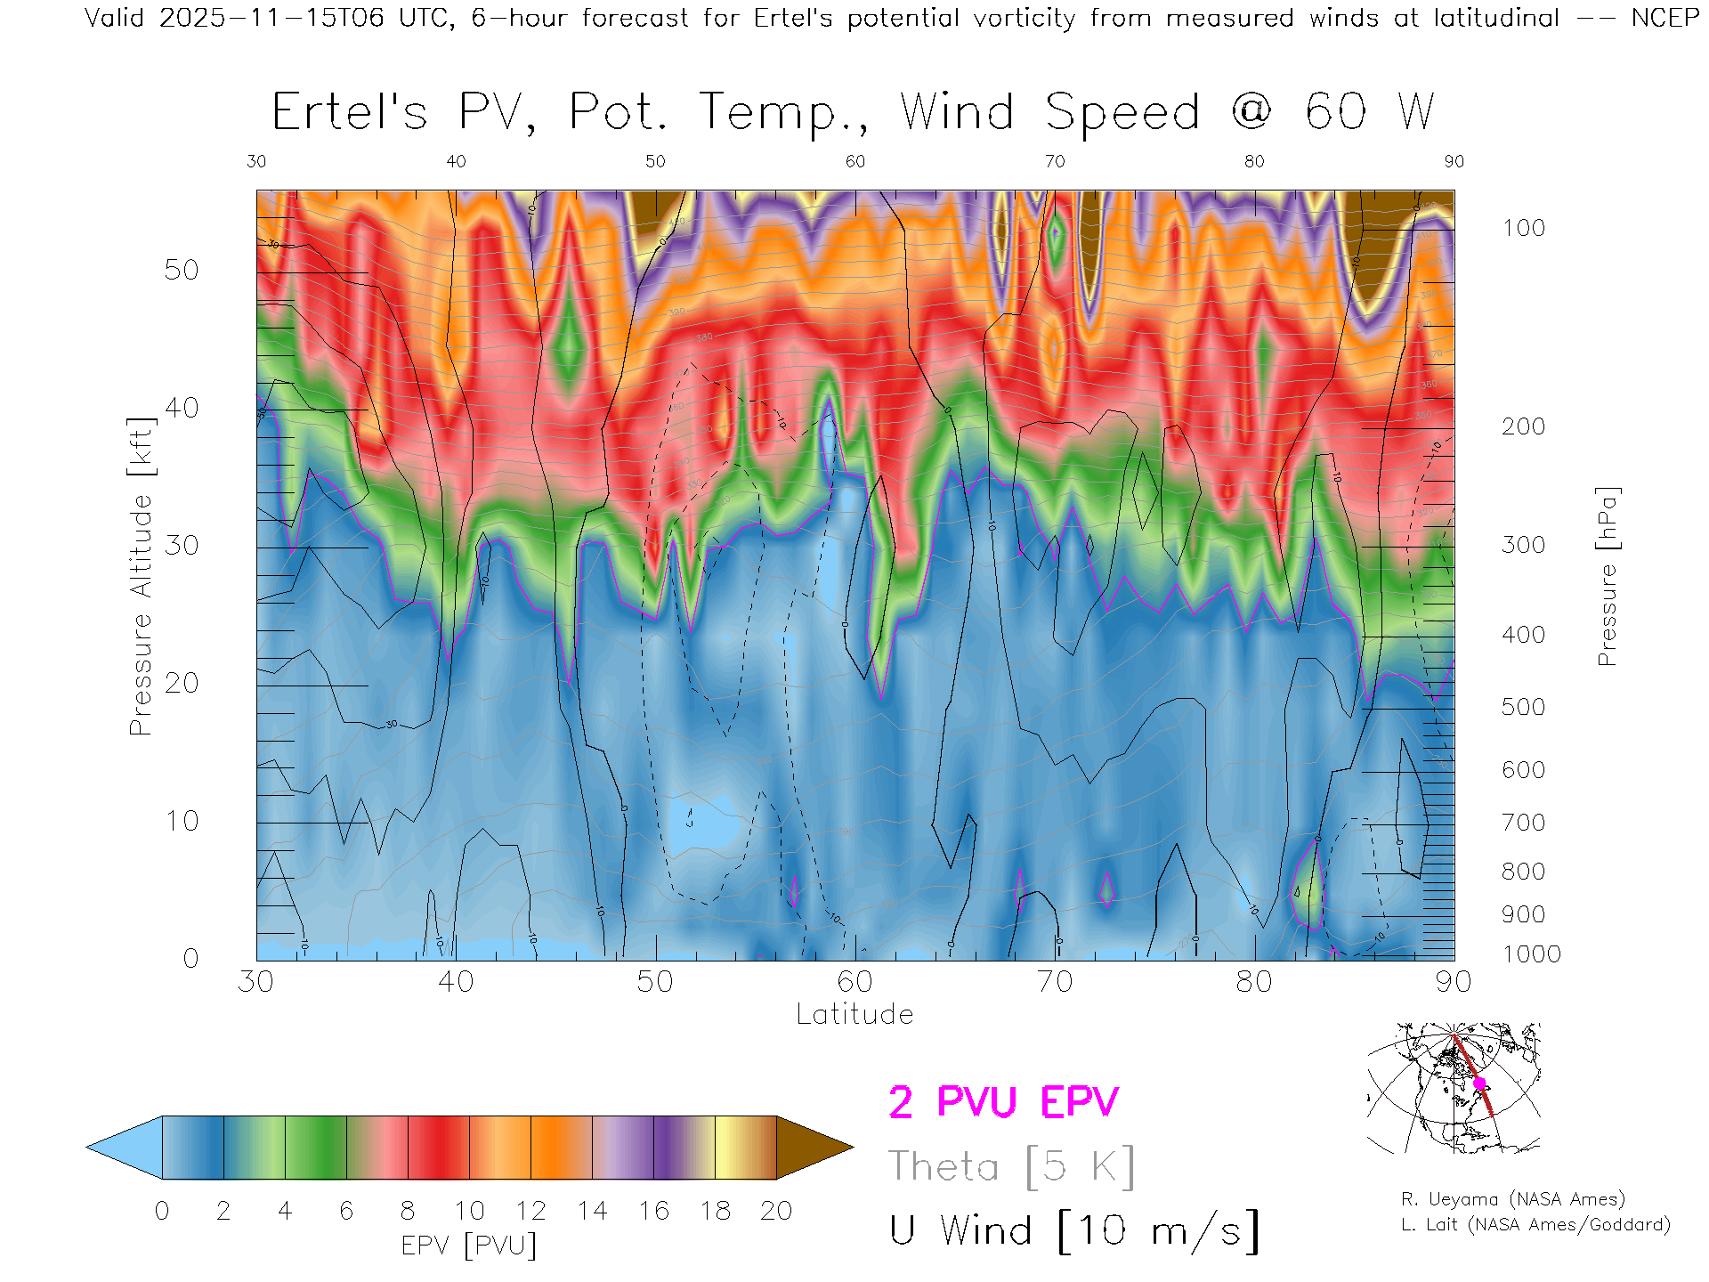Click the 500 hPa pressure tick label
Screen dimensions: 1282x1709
click(1523, 707)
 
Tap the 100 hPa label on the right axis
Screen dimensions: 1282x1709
click(1523, 228)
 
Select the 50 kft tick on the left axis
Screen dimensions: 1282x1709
click(182, 270)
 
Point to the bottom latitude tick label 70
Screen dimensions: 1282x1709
click(1055, 981)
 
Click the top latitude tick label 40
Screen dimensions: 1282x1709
click(456, 161)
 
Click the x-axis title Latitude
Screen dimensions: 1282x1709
click(854, 1014)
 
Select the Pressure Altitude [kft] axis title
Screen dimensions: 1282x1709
click(142, 576)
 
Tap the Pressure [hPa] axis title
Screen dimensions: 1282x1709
click(1607, 576)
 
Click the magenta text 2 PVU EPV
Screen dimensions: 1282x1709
click(1003, 1102)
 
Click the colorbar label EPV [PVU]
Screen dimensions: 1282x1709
click(469, 1245)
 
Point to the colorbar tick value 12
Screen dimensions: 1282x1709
click(531, 1211)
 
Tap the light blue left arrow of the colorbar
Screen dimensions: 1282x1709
click(125, 1148)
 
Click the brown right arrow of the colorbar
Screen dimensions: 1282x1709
click(814, 1148)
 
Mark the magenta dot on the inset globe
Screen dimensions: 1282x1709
click(1479, 1083)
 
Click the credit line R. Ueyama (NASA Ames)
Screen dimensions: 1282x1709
click(1513, 1199)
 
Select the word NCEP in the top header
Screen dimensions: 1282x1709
click(1664, 18)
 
